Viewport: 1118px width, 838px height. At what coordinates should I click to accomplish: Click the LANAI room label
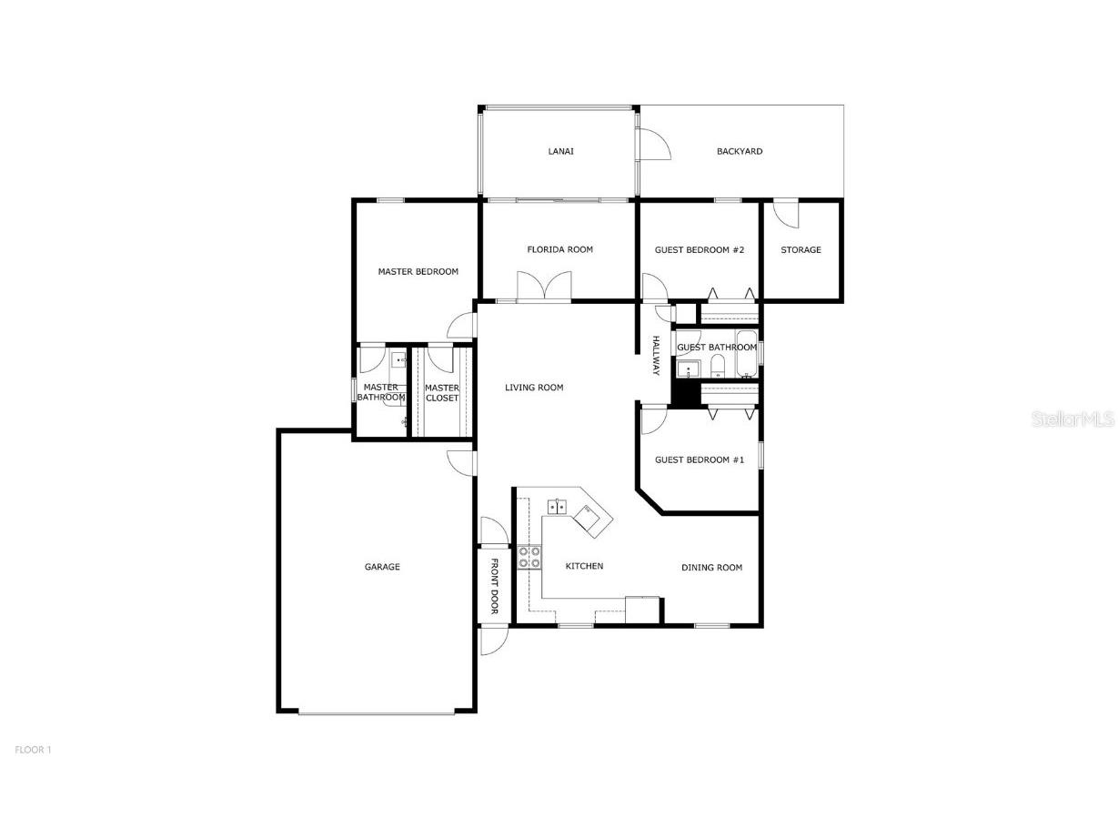(560, 151)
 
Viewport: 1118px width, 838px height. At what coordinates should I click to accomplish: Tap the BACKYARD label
(739, 151)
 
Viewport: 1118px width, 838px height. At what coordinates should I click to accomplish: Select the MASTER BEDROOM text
(418, 271)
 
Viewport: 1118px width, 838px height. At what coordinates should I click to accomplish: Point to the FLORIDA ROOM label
(559, 249)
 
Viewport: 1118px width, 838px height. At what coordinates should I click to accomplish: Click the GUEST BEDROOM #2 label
(700, 249)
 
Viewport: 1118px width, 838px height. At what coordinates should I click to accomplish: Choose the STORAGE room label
(801, 249)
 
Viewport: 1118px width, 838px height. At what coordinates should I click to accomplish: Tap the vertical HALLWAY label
(655, 355)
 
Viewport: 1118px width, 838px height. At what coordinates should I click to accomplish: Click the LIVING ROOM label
(534, 388)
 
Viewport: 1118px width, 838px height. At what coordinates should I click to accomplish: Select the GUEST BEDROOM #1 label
(700, 459)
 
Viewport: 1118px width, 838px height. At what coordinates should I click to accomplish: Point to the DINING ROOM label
(711, 567)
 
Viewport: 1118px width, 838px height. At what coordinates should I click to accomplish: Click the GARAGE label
(382, 567)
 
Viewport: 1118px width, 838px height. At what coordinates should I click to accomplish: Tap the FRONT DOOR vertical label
(495, 586)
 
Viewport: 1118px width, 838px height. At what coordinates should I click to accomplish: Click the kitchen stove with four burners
(529, 557)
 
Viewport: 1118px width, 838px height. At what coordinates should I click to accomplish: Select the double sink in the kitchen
(557, 507)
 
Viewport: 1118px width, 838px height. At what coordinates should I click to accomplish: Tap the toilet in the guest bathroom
(718, 367)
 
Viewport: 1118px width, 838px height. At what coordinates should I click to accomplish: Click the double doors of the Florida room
(544, 286)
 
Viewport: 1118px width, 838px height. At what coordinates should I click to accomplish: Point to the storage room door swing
(785, 213)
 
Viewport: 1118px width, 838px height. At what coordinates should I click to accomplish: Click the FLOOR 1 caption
(33, 750)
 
